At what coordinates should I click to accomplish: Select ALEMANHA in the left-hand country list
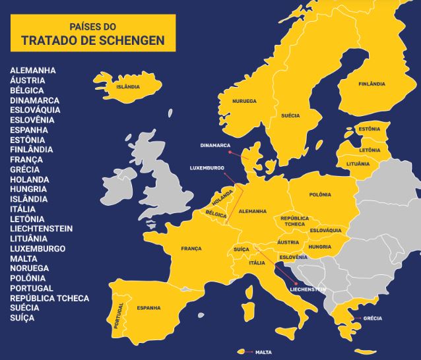coord(33,70)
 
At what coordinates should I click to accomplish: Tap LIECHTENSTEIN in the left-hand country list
coord(42,229)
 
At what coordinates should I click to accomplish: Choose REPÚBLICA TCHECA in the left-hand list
coord(49,298)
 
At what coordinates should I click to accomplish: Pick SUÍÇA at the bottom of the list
coord(22,318)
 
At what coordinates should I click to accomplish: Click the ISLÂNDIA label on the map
coord(127,85)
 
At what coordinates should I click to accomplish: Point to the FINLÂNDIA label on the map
coord(372,84)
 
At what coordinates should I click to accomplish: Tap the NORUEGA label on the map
coord(244,101)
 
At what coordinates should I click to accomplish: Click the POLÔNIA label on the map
coord(320,195)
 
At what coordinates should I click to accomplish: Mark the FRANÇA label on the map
coord(191,249)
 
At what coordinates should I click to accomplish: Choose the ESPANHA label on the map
coord(148,308)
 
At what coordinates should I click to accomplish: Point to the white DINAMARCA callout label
coord(216,145)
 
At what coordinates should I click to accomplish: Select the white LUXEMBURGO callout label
coord(207,167)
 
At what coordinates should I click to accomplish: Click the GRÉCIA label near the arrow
coord(372,318)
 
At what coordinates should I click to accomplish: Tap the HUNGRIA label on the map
coord(320,247)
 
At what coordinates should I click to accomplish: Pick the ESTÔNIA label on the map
coord(369,129)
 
